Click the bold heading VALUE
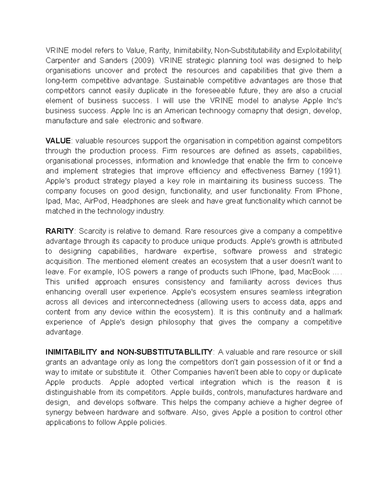tap(58, 141)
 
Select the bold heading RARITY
tap(60, 231)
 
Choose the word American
tap(181, 111)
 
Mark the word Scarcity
tap(92, 231)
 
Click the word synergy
tap(59, 412)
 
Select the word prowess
tap(273, 251)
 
